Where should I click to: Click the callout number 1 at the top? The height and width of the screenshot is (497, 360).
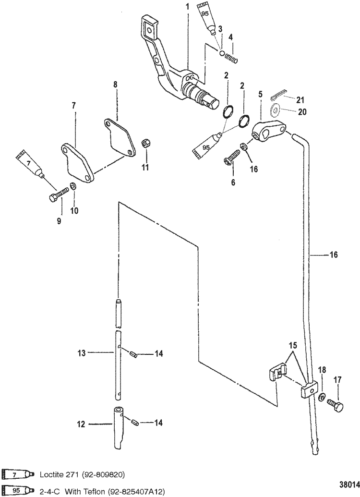point(187,7)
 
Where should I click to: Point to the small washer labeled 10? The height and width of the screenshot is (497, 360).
point(72,186)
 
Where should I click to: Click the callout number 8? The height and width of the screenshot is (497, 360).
point(115,85)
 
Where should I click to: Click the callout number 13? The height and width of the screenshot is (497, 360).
point(81,353)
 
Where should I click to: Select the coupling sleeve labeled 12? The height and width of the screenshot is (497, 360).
point(119,423)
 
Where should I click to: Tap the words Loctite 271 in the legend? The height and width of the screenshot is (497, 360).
point(55,475)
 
